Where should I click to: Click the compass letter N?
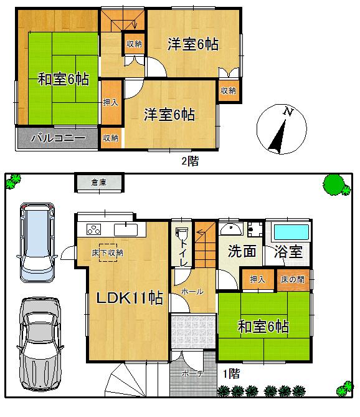click(288, 112)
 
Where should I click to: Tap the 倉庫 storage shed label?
click(98, 183)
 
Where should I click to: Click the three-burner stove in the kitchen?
click(92, 228)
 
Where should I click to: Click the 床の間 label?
click(293, 279)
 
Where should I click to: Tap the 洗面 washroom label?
click(242, 252)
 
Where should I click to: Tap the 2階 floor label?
click(189, 161)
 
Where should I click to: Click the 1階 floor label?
click(231, 374)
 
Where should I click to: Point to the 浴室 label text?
click(287, 252)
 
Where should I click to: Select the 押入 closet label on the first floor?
click(257, 279)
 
